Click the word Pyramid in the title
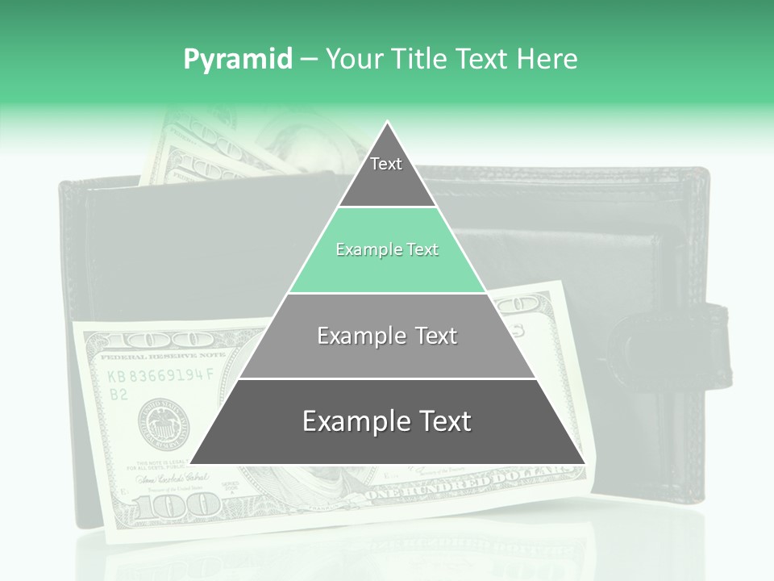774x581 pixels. click(x=237, y=59)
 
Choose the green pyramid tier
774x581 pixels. click(x=387, y=250)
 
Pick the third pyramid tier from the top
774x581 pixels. click(x=387, y=336)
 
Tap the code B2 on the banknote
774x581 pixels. click(x=119, y=394)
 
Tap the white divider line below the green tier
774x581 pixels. click(x=387, y=293)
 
